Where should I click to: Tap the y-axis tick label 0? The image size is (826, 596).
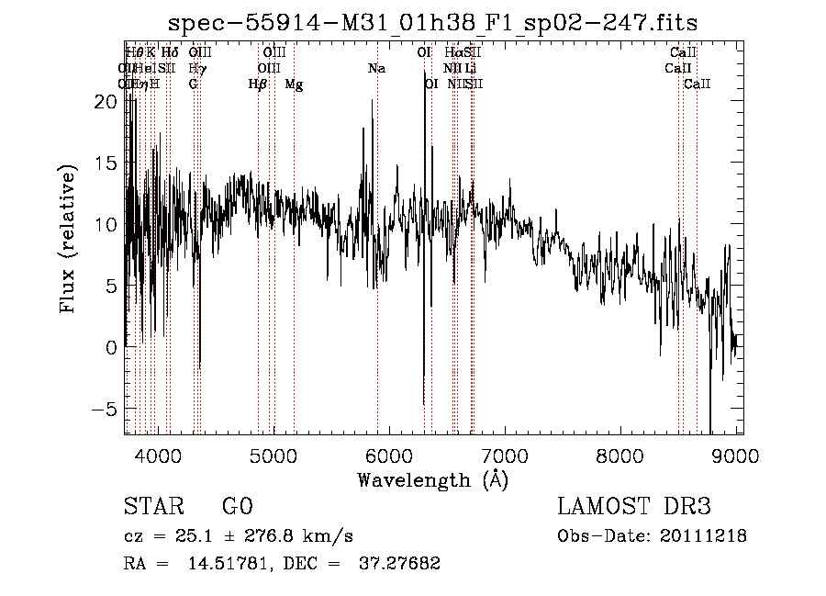(111, 347)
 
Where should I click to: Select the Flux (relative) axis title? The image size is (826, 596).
(68, 239)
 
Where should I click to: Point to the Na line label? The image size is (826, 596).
(376, 69)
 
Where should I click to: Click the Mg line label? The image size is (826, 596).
(294, 84)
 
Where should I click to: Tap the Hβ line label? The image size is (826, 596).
(258, 84)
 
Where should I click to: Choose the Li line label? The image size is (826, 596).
(470, 69)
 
